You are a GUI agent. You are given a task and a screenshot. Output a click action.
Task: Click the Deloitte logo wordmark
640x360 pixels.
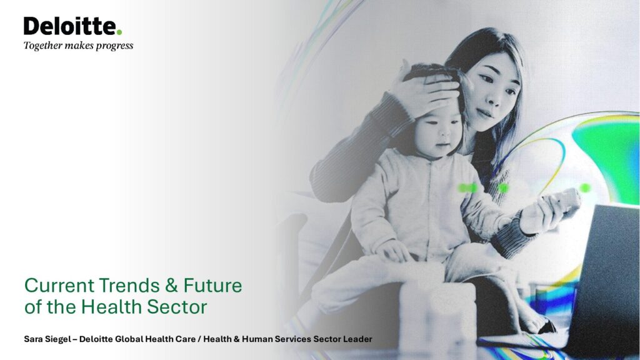tap(70, 26)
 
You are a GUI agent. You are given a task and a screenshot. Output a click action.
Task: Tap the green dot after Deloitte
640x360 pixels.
tap(119, 32)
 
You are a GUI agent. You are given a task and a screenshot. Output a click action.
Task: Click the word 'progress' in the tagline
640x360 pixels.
tap(115, 46)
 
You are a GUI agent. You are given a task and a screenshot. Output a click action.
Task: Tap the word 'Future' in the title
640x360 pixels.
tap(212, 285)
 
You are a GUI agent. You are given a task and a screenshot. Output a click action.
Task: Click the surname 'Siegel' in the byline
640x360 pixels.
tap(57, 339)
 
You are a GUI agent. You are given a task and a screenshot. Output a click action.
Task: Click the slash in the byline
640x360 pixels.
tap(200, 339)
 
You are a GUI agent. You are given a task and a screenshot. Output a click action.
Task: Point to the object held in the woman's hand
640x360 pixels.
tap(564, 201)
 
